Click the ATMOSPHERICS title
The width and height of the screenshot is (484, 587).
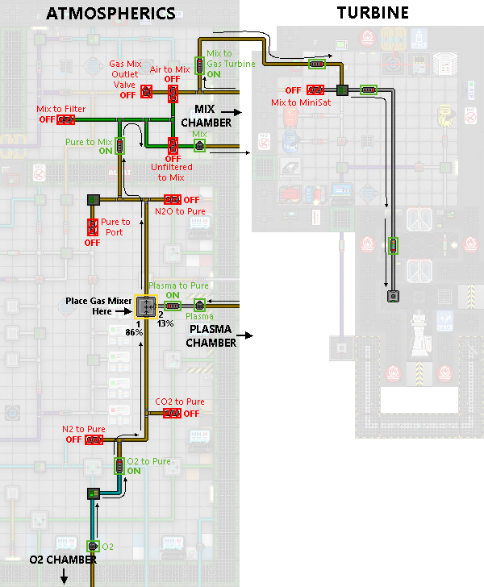tap(111, 14)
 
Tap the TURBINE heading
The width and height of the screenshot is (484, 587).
tap(373, 13)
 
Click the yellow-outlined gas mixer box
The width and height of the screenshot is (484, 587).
tap(146, 306)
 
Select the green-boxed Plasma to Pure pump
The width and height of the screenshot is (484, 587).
tap(173, 306)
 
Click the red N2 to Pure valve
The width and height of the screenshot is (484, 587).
tap(94, 439)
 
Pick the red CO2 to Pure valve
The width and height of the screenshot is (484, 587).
tap(172, 414)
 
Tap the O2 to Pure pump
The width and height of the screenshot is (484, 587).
tap(119, 466)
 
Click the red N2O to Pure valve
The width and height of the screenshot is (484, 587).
tap(173, 199)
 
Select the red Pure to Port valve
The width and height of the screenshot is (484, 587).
tap(93, 227)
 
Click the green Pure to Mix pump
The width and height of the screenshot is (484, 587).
tap(119, 146)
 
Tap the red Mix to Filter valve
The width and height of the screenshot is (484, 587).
tap(66, 120)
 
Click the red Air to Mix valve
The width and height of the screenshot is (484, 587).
tap(173, 94)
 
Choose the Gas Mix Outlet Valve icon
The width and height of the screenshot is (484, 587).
tap(147, 92)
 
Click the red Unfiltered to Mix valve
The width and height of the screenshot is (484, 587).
tap(173, 146)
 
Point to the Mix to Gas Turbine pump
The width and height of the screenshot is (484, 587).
tap(200, 65)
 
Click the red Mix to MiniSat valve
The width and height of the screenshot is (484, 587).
tap(315, 90)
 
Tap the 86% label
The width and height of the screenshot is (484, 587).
tap(134, 332)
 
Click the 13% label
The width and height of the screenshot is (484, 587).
tap(165, 323)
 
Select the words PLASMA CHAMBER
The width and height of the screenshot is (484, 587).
tap(211, 335)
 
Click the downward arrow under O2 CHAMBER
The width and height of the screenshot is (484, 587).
tap(64, 576)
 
